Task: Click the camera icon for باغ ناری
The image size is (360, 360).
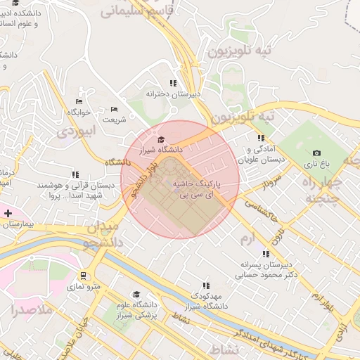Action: [x=316, y=153]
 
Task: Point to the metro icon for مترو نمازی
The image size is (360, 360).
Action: [x=84, y=276]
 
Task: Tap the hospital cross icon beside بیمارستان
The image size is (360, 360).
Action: [x=8, y=212]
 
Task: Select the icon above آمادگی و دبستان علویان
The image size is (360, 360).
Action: [x=261, y=139]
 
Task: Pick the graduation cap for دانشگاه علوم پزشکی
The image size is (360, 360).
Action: [x=136, y=295]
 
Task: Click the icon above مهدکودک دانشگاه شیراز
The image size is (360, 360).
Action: [x=206, y=285]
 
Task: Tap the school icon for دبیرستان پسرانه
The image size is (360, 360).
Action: [x=266, y=254]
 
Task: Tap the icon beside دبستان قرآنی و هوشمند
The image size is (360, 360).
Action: [x=75, y=175]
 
